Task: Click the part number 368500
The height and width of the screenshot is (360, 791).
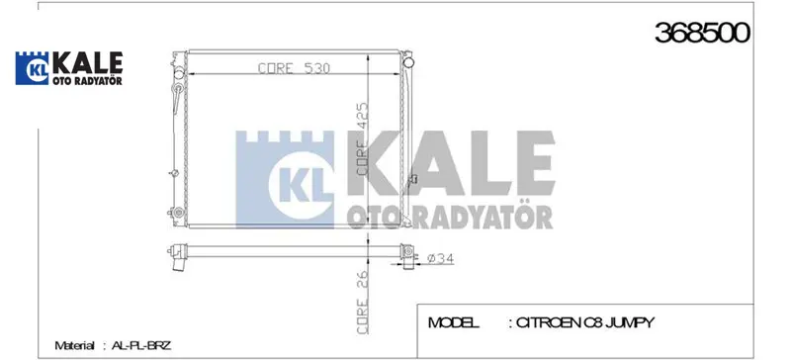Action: coord(702,34)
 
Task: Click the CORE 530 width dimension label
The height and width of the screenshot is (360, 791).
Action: coord(294,67)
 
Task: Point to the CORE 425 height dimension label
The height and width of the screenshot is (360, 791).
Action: coord(363,138)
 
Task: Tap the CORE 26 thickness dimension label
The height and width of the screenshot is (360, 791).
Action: coord(363,302)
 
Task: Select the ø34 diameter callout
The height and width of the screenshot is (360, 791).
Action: coord(440,259)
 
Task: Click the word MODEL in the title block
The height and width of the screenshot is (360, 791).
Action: coord(453,322)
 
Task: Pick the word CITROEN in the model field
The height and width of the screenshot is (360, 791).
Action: coord(549,322)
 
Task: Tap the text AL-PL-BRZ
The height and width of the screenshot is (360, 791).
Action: coord(141,346)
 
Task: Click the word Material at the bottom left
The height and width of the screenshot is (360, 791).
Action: coord(74,346)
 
